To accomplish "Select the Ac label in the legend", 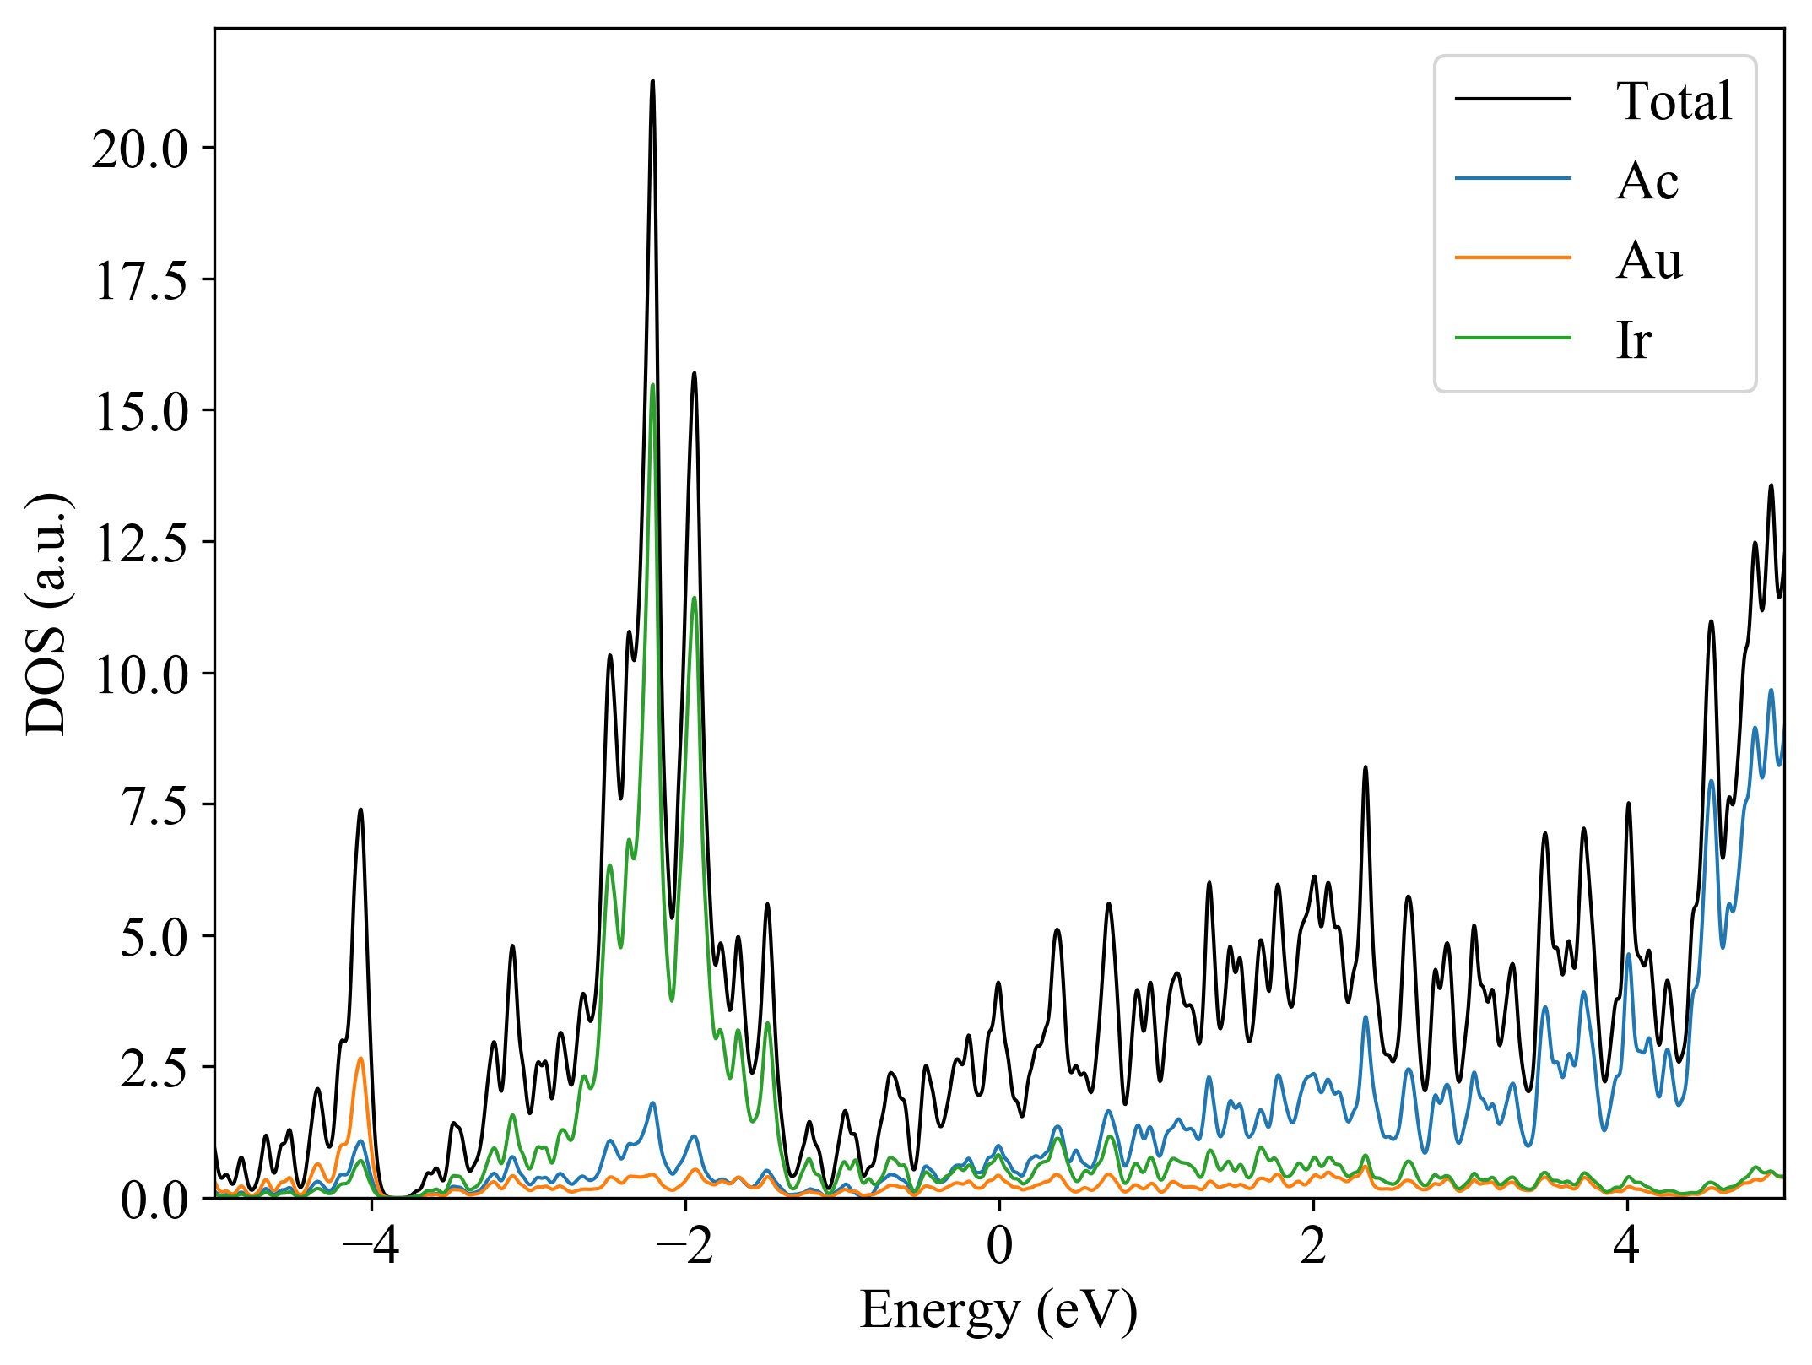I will point(1647,181).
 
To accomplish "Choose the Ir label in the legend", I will point(1634,340).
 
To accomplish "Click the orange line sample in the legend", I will point(1513,257).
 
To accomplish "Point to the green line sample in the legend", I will point(1513,338).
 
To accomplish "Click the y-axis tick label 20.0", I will point(141,150).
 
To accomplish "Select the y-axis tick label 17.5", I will point(141,281).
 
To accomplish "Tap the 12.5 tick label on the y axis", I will point(141,544).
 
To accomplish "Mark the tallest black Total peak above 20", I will point(652,82).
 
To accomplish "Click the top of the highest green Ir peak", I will point(652,386).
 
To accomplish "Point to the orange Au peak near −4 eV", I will point(360,1059).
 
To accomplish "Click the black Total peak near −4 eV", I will point(360,810).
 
